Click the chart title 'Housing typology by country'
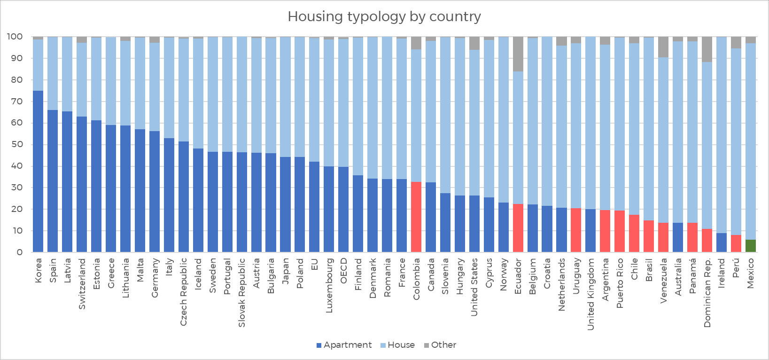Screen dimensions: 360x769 384,16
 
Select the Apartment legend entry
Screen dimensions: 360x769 344,345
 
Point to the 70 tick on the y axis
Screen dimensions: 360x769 16,102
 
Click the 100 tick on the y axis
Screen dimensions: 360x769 15,37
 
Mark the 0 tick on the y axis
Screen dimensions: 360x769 19,252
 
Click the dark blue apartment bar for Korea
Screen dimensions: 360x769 38,172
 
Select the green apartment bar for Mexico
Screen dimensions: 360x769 751,246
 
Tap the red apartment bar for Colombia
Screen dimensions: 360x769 416,217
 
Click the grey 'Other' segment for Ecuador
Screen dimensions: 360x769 518,54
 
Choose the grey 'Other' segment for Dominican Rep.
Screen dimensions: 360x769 707,49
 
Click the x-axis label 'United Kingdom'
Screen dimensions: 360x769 591,294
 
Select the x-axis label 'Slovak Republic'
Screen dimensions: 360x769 242,292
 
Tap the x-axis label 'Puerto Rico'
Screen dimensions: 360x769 620,283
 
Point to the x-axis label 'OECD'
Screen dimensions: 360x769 344,271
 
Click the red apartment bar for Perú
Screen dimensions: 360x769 736,243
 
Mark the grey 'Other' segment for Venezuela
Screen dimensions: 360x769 663,47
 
